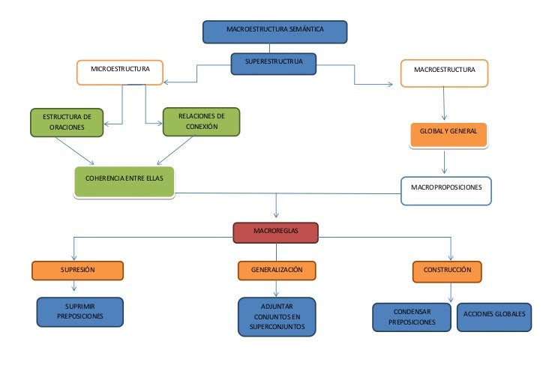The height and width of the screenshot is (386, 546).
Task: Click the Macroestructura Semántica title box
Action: [275, 31]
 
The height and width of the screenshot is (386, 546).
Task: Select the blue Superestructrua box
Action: [274, 64]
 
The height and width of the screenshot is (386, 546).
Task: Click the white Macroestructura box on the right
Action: [444, 73]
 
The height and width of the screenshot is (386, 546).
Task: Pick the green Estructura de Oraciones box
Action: [67, 123]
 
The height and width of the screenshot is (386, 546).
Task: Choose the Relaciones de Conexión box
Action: [201, 122]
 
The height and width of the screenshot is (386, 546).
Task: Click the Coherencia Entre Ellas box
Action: [124, 181]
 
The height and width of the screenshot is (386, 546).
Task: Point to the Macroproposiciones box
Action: [446, 190]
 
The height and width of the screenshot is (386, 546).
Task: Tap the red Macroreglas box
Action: [275, 232]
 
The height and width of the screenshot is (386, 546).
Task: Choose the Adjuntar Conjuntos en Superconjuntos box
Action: [276, 318]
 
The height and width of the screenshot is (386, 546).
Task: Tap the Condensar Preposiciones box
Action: [412, 317]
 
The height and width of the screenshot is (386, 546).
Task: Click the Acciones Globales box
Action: [494, 315]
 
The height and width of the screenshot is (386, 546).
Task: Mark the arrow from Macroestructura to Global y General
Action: [445, 104]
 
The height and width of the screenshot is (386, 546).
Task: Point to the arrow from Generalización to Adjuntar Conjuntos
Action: [276, 288]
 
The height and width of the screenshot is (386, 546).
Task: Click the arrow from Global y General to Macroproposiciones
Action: [445, 163]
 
